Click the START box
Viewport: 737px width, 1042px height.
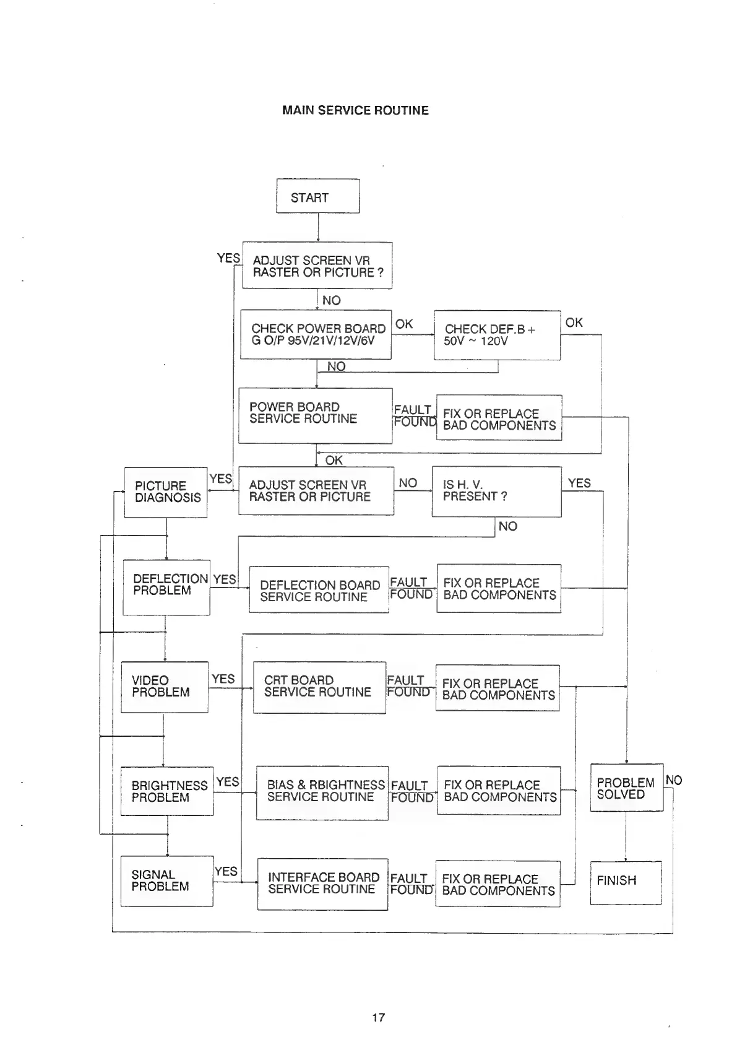coord(317,197)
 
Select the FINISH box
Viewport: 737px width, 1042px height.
coord(626,882)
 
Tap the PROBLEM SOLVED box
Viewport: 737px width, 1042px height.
coord(626,788)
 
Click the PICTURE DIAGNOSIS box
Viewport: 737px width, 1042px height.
coord(166,492)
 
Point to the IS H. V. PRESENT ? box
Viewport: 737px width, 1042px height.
coord(496,491)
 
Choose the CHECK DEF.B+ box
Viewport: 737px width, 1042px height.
coord(497,335)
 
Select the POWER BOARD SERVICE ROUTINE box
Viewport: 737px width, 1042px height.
coord(315,415)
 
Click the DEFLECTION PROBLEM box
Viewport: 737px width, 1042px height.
coord(166,586)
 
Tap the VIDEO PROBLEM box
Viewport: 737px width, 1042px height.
coord(165,687)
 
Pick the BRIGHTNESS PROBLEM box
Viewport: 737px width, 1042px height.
coord(167,791)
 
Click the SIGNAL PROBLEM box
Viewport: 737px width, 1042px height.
coord(166,880)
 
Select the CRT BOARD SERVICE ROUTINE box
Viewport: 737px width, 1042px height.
coord(319,687)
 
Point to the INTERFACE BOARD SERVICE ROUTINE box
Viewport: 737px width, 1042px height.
coord(322,884)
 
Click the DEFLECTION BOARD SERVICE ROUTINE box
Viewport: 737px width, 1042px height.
coord(319,590)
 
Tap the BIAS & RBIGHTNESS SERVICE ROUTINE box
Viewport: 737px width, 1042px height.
coord(322,792)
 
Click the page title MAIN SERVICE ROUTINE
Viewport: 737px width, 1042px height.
coord(355,110)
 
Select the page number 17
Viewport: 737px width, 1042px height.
coord(378,1017)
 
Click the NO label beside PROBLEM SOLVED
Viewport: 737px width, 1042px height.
coord(673,780)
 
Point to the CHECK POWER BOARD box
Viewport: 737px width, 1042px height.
coord(316,334)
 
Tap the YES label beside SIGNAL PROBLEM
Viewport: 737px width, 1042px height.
coord(226,871)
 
